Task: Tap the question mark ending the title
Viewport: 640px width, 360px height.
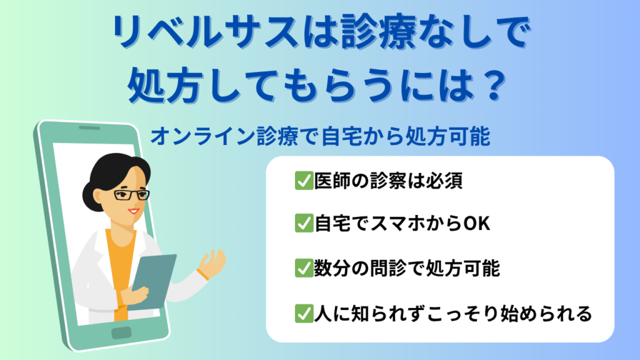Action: [x=496, y=86]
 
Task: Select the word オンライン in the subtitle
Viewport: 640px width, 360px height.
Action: [x=202, y=136]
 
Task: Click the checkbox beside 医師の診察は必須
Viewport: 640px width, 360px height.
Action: [x=304, y=181]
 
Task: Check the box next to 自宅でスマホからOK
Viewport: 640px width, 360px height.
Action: [x=304, y=223]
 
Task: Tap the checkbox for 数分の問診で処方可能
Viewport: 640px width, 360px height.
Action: [x=304, y=268]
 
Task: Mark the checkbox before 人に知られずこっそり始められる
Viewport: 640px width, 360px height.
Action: [x=304, y=314]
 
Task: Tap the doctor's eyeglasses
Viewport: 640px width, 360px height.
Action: [x=131, y=195]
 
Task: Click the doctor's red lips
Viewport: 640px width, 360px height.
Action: [x=133, y=211]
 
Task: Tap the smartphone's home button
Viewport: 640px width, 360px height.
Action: [x=122, y=333]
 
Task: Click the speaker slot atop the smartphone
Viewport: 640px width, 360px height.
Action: [x=89, y=127]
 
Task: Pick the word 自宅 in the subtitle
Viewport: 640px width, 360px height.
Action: [x=341, y=136]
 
